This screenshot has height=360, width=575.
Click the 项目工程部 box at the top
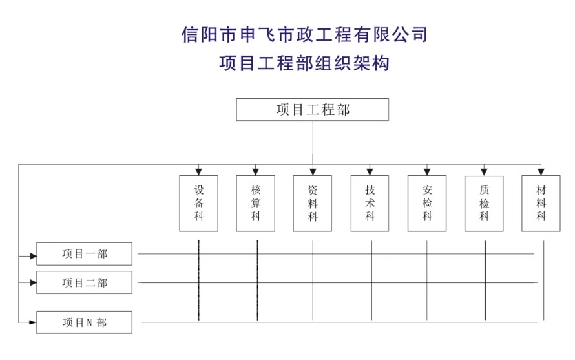(x=312, y=110)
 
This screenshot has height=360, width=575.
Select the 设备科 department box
(x=198, y=203)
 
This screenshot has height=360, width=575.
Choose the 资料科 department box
(x=313, y=203)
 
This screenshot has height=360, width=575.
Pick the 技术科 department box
(x=370, y=203)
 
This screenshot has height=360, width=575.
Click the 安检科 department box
(x=427, y=203)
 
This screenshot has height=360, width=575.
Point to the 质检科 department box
(x=484, y=203)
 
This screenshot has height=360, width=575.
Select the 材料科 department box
(x=541, y=203)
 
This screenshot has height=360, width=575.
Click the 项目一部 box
(x=84, y=254)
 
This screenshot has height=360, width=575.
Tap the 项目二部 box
(x=84, y=282)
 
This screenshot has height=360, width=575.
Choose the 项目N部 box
(x=84, y=322)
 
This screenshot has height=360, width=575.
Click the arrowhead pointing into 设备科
(x=198, y=171)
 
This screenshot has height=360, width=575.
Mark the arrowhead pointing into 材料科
(x=541, y=171)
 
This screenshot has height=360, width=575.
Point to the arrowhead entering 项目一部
(x=33, y=255)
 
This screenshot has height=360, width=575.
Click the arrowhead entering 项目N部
(x=33, y=321)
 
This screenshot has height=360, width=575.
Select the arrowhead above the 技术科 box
(x=370, y=171)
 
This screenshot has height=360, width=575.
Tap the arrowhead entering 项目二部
(x=33, y=282)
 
